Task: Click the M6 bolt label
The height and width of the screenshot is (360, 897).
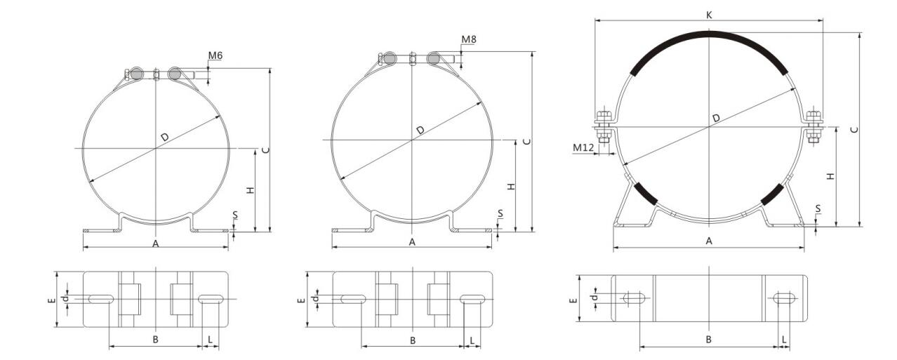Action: [215, 55]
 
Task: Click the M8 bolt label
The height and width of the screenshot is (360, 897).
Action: [469, 39]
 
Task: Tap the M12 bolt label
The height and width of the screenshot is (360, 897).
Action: [583, 148]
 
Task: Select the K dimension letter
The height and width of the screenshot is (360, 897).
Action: [709, 15]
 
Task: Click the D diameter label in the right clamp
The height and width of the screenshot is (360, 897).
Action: [717, 118]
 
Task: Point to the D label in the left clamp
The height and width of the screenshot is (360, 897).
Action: [165, 137]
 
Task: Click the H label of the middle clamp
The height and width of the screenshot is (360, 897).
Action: [511, 187]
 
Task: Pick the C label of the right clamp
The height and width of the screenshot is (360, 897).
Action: [854, 129]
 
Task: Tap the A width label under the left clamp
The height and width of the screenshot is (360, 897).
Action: [156, 244]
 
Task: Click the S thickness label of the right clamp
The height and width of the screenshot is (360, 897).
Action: [818, 208]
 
